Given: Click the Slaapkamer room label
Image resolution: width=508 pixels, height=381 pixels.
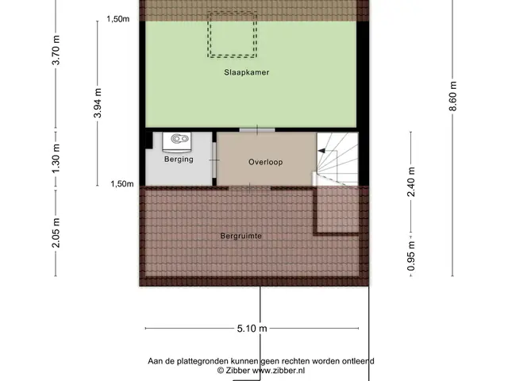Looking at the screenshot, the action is point(247,72).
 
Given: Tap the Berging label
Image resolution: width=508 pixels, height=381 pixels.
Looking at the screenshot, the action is point(179,159).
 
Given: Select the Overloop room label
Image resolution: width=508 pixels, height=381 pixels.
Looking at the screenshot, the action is point(266,162).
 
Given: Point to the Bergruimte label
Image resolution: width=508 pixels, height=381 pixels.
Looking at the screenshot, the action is point(241,236).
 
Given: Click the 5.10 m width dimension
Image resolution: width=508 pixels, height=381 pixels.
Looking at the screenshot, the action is point(252,329).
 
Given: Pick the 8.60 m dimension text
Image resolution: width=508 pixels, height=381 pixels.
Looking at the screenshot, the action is point(453,96).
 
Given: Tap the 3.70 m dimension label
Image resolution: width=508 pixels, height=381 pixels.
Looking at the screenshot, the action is point(56,50).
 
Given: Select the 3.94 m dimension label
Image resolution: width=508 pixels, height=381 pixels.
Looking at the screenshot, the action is point(98,102).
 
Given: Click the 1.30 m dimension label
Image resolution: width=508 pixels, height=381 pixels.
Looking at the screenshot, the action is point(56,159).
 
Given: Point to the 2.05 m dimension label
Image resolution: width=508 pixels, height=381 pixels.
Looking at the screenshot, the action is point(56,233).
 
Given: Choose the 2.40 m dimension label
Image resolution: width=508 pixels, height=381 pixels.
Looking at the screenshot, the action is point(411,182).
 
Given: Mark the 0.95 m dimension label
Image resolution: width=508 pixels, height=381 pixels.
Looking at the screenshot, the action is point(411,256).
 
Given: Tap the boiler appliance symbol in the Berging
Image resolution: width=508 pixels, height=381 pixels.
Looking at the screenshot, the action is point(176,142).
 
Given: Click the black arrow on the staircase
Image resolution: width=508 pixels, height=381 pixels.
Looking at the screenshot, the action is point(321,151).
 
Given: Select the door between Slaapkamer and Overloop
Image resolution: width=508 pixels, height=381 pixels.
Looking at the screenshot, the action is point(257,130).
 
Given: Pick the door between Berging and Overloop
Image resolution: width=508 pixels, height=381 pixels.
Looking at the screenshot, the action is point(214,160).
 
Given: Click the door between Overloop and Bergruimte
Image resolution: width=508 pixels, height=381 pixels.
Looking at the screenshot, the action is point(249,188).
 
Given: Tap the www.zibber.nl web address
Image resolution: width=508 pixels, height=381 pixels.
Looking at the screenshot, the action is point(279,371).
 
